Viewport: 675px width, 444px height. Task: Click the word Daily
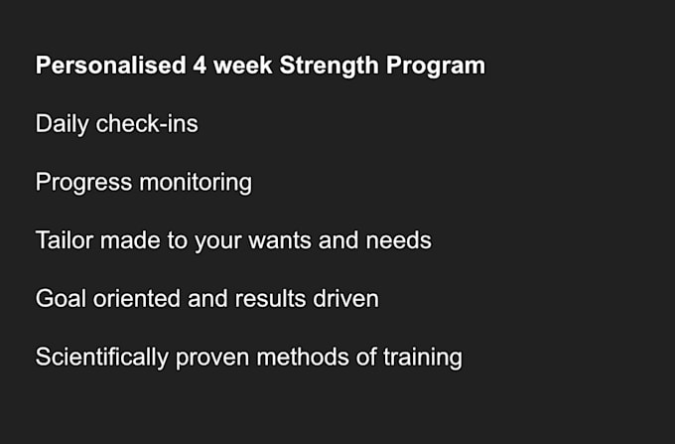click(62, 124)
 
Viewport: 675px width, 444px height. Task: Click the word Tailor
click(65, 240)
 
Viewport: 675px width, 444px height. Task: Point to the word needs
click(400, 240)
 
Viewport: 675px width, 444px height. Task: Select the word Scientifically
click(102, 357)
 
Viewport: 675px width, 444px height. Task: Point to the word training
click(425, 357)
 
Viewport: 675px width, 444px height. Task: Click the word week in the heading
click(241, 67)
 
